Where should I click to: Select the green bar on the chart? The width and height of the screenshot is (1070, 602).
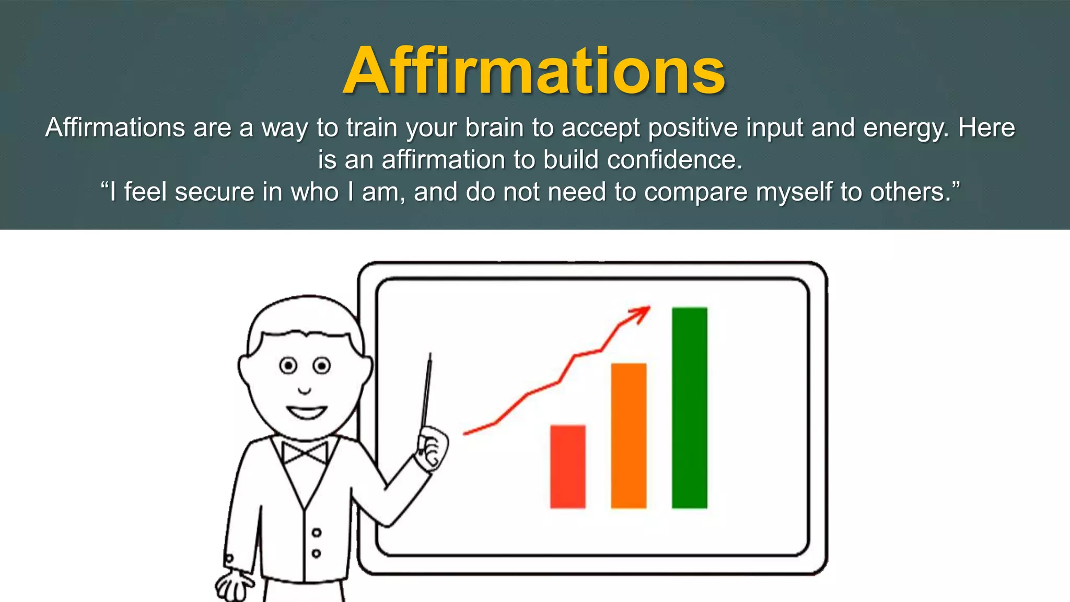pos(689,408)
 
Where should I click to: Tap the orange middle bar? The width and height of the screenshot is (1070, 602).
pos(629,435)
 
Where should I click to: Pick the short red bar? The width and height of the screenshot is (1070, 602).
pos(567,466)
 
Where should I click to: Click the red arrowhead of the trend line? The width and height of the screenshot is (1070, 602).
pos(641,314)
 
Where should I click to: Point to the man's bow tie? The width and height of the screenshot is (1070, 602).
pos(305,453)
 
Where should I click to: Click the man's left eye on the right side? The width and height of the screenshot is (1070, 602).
pos(322,365)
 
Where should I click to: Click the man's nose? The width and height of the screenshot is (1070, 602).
pos(305,390)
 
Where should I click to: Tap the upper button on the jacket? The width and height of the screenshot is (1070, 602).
pos(317,533)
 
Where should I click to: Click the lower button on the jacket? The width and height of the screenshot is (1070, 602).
pos(316,553)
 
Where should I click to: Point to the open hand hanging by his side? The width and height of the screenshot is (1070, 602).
pos(234,585)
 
